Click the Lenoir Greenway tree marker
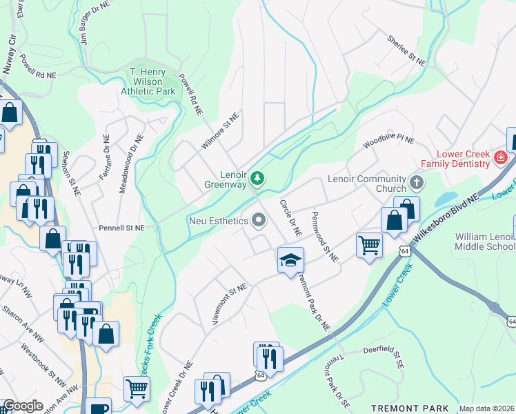(257, 179)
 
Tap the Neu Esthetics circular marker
(259, 221)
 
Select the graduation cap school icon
(290, 261)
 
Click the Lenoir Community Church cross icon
(416, 184)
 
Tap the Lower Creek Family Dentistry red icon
(501, 159)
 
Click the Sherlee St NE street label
(406, 50)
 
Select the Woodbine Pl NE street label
(389, 143)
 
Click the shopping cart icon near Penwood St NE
(369, 244)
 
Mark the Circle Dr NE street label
(290, 219)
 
